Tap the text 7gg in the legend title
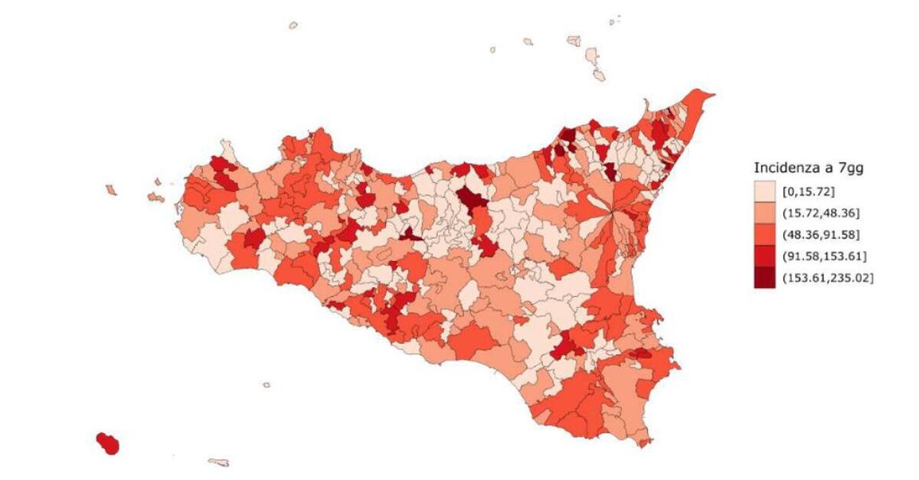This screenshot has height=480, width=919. pyautogui.click(x=849, y=168)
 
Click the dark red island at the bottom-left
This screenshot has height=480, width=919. pyautogui.click(x=108, y=442)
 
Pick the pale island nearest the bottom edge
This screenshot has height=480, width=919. pyautogui.click(x=218, y=462)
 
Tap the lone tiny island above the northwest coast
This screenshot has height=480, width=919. pyautogui.click(x=293, y=25)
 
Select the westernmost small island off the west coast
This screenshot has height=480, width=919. pyautogui.click(x=111, y=189)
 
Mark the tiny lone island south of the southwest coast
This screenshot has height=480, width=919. pyautogui.click(x=267, y=385)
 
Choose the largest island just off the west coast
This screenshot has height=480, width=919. pyautogui.click(x=155, y=197)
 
